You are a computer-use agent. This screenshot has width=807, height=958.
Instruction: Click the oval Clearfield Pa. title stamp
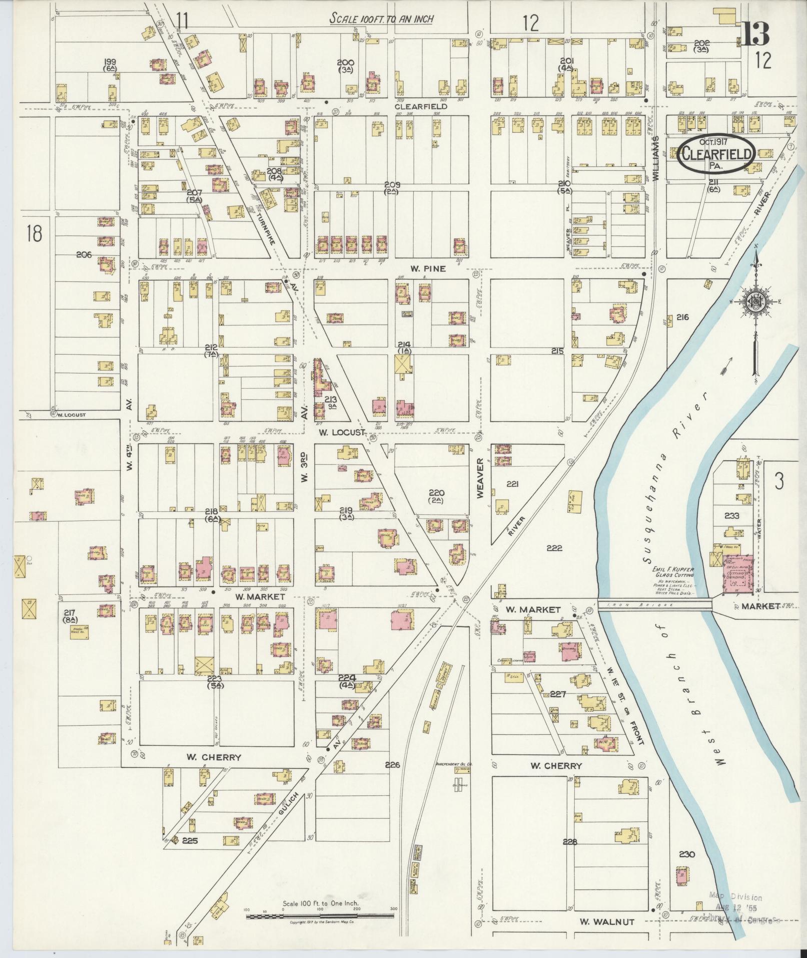coord(716,155)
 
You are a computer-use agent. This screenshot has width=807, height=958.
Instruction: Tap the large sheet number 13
coord(755,34)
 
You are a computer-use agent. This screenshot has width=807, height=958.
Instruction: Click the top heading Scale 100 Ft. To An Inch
coord(381,19)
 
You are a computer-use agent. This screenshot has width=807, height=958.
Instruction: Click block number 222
coord(554,548)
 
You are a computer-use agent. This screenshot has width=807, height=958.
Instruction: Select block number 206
coord(84,254)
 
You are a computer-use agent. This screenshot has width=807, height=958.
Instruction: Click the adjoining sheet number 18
coord(34,233)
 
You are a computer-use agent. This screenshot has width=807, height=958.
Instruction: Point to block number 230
coord(686,854)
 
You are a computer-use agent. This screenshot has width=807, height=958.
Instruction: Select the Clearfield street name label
coord(420,106)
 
